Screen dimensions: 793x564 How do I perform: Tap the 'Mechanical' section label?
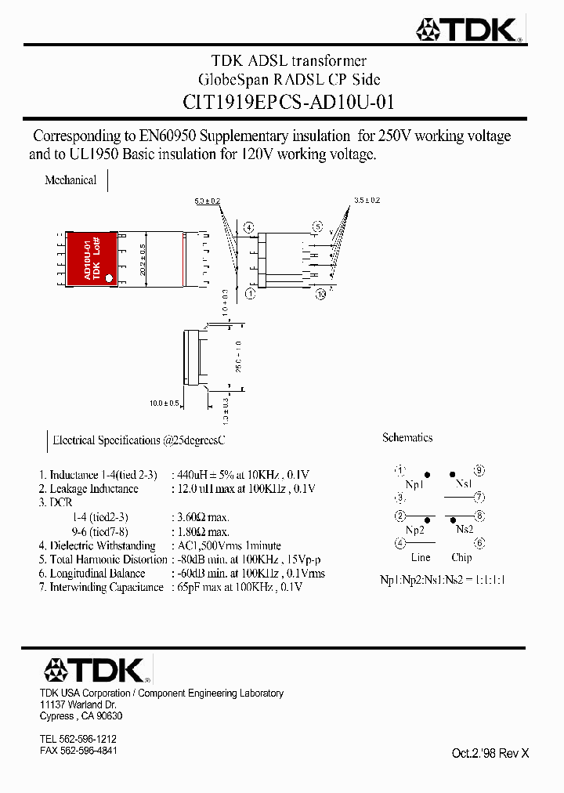(70, 180)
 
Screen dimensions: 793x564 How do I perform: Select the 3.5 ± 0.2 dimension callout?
(367, 201)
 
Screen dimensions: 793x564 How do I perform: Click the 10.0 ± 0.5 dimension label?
(164, 404)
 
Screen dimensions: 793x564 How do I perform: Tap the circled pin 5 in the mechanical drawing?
(317, 227)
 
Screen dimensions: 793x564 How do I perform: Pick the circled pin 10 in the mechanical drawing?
(321, 294)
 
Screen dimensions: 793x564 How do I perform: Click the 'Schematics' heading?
(407, 438)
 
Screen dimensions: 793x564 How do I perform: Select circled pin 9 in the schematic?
(479, 471)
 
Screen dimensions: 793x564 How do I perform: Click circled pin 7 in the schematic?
(479, 497)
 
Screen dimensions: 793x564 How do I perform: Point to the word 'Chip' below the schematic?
(461, 558)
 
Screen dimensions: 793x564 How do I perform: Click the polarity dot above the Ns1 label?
(452, 475)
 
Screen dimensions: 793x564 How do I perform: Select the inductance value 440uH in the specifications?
(192, 475)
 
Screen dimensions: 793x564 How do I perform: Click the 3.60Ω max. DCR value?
(203, 517)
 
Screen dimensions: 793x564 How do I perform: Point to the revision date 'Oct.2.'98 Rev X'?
(490, 753)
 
